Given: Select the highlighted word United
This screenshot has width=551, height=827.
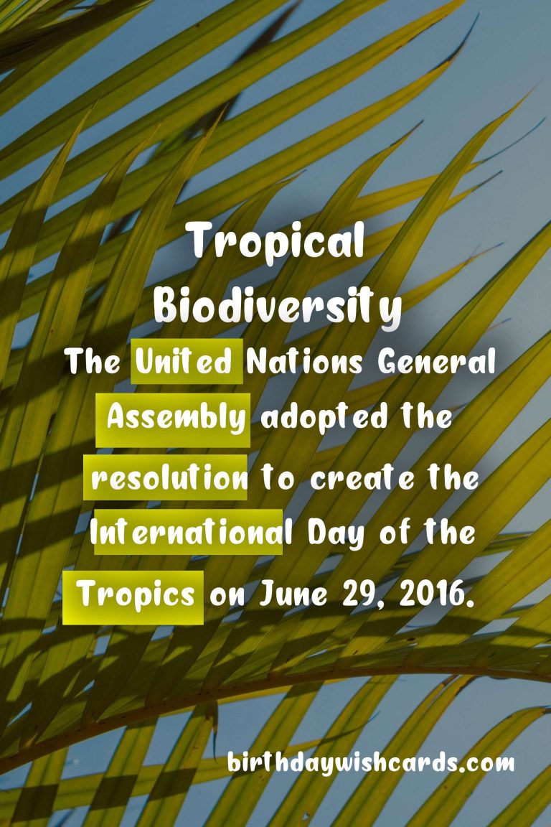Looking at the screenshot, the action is (x=184, y=362).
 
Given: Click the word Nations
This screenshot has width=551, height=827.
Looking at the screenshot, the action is (x=304, y=362).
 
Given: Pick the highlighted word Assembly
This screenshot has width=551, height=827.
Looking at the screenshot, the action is (x=176, y=419).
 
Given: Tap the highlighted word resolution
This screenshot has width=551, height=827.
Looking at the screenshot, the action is (x=169, y=478).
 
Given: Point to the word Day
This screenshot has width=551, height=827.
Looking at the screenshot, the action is (x=336, y=534).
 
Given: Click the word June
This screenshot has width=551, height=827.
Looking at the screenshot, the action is (x=293, y=594).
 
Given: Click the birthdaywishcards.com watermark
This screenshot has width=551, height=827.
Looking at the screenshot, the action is (x=371, y=763).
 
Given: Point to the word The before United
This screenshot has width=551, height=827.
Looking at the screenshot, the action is (x=93, y=362).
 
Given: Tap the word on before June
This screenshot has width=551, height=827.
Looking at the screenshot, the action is (x=227, y=596).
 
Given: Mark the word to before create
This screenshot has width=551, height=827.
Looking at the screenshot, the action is (x=278, y=478).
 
